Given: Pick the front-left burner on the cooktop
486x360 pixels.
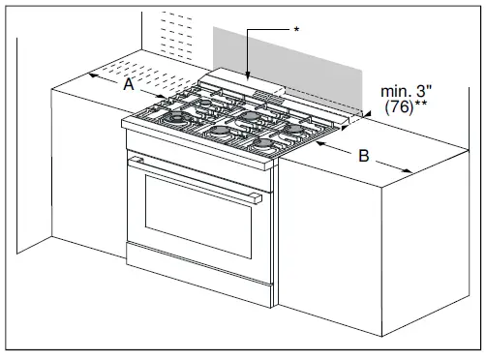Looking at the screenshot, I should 180,119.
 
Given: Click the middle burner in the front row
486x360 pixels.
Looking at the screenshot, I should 222,131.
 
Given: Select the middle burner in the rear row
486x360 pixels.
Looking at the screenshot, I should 252,115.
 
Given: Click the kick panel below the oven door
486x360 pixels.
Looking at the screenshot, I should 194,281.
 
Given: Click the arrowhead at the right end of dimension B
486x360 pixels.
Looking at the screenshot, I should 411,172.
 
